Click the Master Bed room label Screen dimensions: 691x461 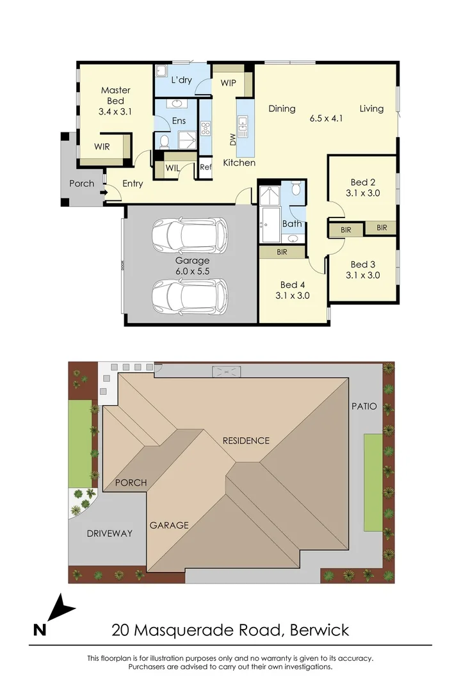click(x=115, y=101)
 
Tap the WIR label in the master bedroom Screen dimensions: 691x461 click(x=102, y=147)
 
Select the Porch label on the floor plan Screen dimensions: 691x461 click(x=81, y=184)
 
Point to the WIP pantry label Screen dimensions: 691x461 click(x=229, y=83)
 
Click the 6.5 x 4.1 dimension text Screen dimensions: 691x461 click(x=327, y=118)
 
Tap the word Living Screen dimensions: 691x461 click(x=371, y=109)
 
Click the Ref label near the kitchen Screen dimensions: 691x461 click(x=206, y=168)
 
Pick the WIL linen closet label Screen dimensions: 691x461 click(x=172, y=168)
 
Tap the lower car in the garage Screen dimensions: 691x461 click(x=190, y=295)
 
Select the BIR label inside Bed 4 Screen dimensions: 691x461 click(x=282, y=253)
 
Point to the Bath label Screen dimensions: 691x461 click(x=292, y=224)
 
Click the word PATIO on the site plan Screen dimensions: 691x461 click(x=364, y=406)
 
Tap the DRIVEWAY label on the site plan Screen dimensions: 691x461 click(x=109, y=533)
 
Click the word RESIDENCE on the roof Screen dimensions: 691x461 click(x=246, y=441)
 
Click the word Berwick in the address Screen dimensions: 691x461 click(x=319, y=630)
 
